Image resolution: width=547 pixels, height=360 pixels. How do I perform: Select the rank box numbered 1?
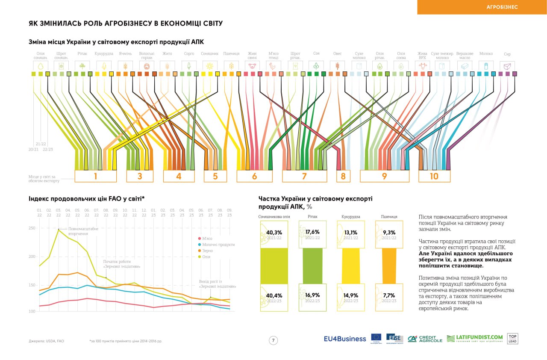pos(95,176)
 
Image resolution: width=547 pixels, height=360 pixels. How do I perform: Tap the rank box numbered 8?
pos(343,176)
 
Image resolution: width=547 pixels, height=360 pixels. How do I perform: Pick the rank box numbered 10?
pos(434,176)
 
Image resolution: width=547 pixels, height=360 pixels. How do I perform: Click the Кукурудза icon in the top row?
pos(104,66)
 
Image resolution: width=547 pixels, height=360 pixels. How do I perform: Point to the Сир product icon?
pos(507,66)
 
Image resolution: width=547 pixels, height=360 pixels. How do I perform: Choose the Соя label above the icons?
pos(316,53)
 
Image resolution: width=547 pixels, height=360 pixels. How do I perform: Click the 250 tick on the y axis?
pos(32,228)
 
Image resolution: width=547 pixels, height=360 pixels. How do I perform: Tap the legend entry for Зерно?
pos(207,251)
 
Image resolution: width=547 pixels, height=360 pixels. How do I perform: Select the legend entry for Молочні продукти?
pos(216,245)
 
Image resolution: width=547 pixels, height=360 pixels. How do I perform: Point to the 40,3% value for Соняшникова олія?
pos(274,233)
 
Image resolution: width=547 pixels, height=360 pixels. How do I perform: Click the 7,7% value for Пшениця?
pos(389,295)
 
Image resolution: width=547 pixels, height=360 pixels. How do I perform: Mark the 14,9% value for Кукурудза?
pos(351,295)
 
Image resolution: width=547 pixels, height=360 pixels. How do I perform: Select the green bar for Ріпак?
pos(312,266)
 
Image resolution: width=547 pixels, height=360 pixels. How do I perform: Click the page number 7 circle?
pos(273,340)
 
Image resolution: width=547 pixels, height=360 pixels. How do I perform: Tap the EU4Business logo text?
pos(345,339)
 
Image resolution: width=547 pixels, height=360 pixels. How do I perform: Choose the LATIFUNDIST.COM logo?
pos(475,339)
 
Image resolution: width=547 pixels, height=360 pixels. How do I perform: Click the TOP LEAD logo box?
pos(512,339)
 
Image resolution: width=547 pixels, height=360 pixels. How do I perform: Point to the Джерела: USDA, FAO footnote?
pos(46,341)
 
